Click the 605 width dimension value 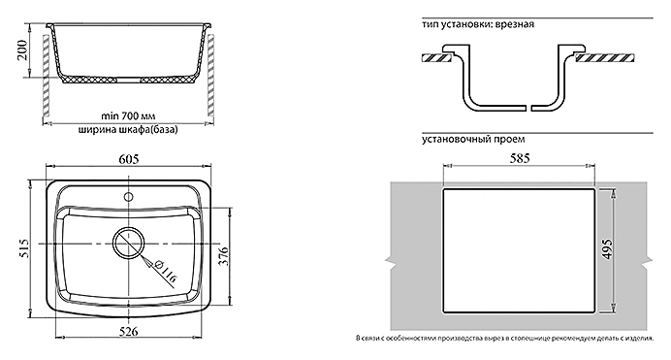point(128,159)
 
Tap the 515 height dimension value point(25,248)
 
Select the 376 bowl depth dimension point(224,256)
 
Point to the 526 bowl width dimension point(128,331)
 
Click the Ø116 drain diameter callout point(165,271)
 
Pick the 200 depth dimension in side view point(22,50)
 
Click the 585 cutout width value point(520,158)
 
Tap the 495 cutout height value point(608,249)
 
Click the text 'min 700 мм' point(128,116)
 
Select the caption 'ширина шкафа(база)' point(128,129)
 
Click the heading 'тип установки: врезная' point(478,24)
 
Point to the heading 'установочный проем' point(473,139)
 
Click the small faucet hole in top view point(128,197)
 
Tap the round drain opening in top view point(128,243)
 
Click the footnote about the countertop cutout point(504,339)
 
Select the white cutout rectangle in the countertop point(519,250)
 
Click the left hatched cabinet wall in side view point(46,76)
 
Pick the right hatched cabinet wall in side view point(211,75)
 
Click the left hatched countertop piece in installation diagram point(437,58)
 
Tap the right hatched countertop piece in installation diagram point(604,58)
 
